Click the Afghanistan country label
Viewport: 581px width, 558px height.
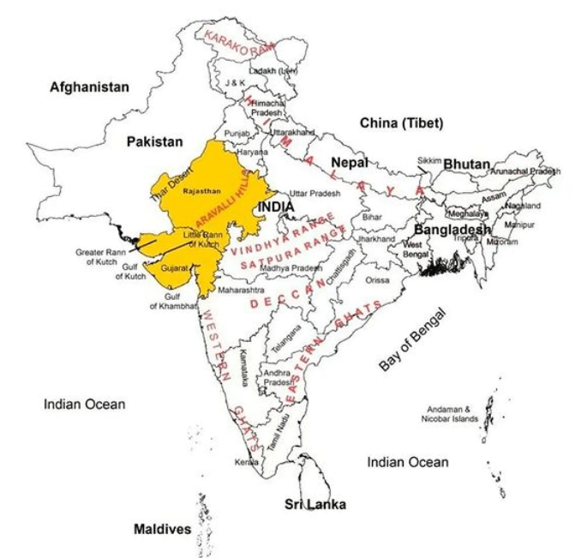click(x=89, y=87)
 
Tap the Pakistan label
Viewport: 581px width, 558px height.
click(x=155, y=141)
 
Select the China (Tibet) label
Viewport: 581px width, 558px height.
click(x=401, y=123)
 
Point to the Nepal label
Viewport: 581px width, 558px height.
click(x=349, y=162)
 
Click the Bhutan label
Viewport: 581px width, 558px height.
click(x=466, y=164)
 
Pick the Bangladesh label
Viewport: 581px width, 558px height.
click(x=452, y=230)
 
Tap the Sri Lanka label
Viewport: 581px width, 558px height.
click(x=315, y=504)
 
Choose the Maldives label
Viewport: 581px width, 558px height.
click(x=162, y=529)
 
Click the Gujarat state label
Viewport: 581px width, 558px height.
click(x=174, y=268)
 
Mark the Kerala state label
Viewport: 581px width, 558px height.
click(x=247, y=462)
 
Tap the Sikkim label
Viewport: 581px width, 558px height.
click(x=429, y=160)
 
